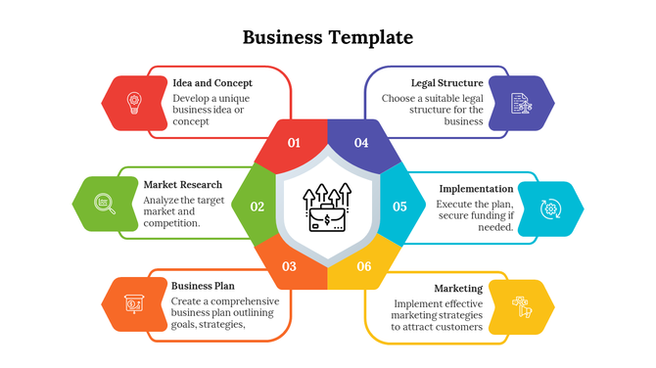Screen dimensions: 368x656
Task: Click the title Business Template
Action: [327, 38]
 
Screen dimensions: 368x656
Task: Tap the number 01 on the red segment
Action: [294, 143]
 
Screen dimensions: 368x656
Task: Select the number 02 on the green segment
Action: [258, 207]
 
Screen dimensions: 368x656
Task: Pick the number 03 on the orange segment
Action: [289, 266]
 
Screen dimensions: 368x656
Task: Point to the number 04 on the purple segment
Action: [361, 143]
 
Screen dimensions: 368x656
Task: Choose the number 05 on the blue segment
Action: [399, 207]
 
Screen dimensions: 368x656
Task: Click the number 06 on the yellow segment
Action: [364, 266]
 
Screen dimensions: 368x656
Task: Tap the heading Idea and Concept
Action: [212, 83]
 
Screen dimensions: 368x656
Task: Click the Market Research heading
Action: [183, 184]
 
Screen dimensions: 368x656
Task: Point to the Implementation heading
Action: [476, 188]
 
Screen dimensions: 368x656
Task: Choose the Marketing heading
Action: [458, 289]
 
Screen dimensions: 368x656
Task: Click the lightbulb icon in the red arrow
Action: [134, 100]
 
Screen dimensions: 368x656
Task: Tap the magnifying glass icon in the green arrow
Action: [105, 204]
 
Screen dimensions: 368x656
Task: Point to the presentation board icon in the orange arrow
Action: [134, 304]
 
